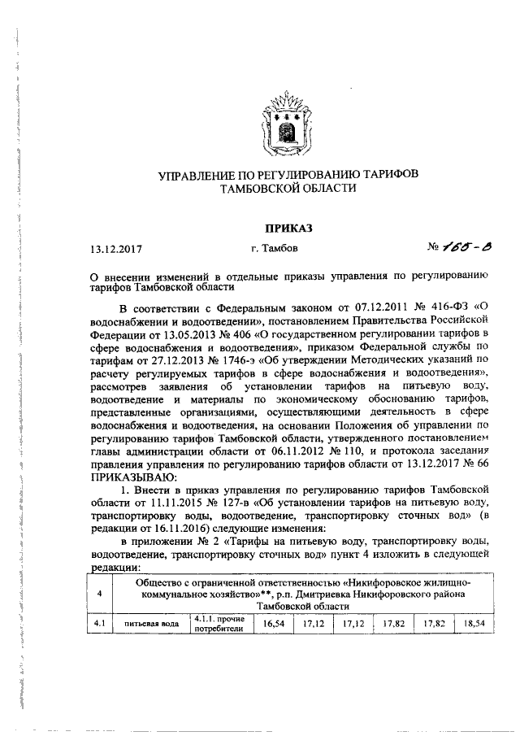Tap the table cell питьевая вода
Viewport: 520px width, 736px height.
151,625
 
